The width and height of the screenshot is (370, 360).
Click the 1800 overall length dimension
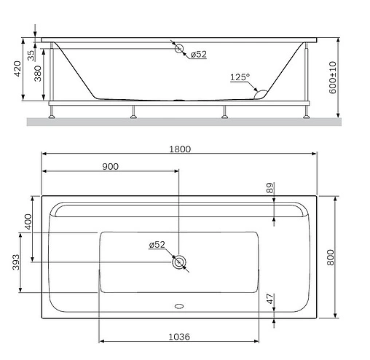(180, 149)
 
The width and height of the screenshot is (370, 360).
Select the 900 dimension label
(111, 166)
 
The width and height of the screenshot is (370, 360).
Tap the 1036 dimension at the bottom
(180, 336)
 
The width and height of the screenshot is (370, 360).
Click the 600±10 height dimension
(334, 75)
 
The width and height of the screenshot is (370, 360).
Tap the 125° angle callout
(240, 76)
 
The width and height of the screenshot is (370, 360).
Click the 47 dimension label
(270, 298)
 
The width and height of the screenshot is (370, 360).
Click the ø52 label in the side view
(198, 54)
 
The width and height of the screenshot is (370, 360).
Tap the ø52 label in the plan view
(157, 245)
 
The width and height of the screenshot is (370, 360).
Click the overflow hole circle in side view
(178, 50)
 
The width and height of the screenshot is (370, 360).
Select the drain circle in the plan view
(178, 262)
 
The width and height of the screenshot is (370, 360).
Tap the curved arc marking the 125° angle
(258, 90)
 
